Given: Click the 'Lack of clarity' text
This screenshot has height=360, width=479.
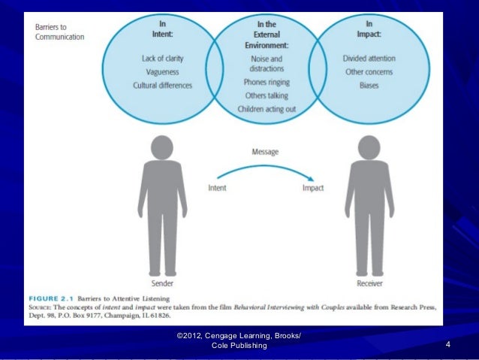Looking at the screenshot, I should coord(162,58).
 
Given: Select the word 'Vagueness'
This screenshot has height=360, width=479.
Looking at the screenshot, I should coord(162,71).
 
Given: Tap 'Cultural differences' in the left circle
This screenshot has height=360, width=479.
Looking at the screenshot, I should coord(162,85).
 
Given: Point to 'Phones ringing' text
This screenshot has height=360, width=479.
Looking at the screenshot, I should coord(267,82).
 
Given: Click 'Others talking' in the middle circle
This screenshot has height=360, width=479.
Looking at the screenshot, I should coord(267,95).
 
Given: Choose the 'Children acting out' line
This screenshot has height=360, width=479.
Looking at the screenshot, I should coord(267,109).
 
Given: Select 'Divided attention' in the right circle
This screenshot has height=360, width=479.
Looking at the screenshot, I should coord(369,58).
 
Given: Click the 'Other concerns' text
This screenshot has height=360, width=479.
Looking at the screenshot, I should coord(369,71).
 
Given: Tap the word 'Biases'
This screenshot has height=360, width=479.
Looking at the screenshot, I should coord(369,85).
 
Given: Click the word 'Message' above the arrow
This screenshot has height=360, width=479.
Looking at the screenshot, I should coord(264,152).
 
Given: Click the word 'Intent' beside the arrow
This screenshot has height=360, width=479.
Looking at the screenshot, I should coord(217,188).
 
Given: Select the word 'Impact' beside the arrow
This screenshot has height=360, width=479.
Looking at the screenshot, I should coord(312,188).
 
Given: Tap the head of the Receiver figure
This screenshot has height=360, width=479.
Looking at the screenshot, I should coord(369,147).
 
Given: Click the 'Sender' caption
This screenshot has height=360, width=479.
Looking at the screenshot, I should coord(161,283).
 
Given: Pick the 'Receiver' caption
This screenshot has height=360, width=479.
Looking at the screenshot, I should coord(369,283).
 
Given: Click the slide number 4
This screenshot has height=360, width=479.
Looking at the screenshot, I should coord(447,344).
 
